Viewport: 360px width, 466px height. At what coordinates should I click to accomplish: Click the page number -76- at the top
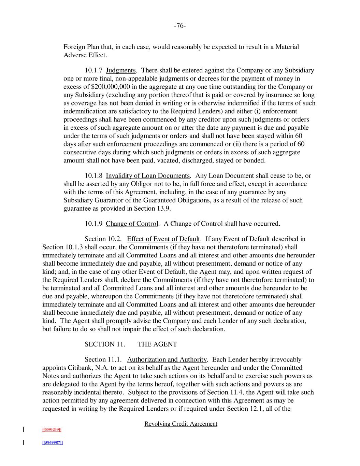pyautogui.click(x=180, y=26)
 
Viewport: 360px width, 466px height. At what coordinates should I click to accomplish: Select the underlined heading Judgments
pyautogui.click(x=121, y=70)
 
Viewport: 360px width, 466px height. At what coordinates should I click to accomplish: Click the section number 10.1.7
pyautogui.click(x=93, y=70)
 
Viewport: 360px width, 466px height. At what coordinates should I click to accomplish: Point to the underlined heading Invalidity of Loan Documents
pyautogui.click(x=148, y=176)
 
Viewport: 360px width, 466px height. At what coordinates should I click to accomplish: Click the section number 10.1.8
pyautogui.click(x=93, y=176)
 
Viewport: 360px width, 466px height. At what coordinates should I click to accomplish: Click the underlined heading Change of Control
pyautogui.click(x=132, y=224)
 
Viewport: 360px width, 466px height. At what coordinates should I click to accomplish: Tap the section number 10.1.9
pyautogui.click(x=93, y=224)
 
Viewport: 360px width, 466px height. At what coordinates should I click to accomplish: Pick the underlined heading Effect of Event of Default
pyautogui.click(x=163, y=239)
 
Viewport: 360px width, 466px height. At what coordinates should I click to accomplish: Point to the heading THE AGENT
pyautogui.click(x=157, y=344)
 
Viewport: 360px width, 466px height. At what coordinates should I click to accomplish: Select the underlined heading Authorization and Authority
pyautogui.click(x=167, y=359)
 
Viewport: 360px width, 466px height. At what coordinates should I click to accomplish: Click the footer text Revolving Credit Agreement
pyautogui.click(x=181, y=424)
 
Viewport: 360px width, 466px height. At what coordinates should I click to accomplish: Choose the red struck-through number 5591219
pyautogui.click(x=52, y=429)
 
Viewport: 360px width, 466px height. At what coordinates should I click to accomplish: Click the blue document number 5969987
pyautogui.click(x=52, y=442)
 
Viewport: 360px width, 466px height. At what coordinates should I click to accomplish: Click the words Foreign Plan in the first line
pyautogui.click(x=80, y=47)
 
